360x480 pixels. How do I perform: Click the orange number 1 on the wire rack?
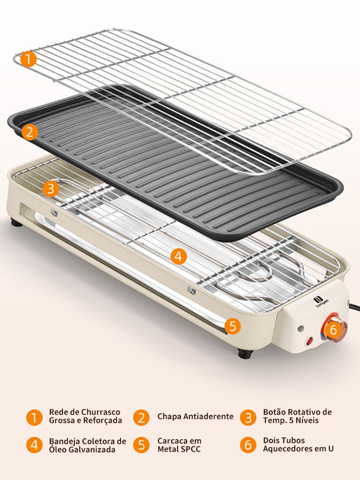click(x=29, y=59)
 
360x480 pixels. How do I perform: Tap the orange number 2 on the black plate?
click(x=30, y=132)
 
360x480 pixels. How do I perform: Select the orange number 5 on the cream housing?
click(x=233, y=326)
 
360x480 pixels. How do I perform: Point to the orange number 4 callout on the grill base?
click(x=179, y=256)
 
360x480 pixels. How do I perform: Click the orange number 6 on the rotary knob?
click(x=333, y=330)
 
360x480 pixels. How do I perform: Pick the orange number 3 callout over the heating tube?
click(x=51, y=189)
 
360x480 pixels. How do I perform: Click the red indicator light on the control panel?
click(x=310, y=341)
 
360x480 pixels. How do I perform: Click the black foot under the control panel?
click(x=245, y=354)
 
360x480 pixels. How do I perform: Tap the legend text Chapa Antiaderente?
click(x=195, y=416)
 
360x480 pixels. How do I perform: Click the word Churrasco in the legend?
click(x=101, y=412)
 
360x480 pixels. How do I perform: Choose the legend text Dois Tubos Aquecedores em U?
click(x=298, y=444)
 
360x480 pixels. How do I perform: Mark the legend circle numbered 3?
click(x=248, y=417)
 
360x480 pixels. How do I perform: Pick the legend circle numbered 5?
click(x=142, y=445)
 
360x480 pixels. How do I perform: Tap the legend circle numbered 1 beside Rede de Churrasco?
click(x=34, y=417)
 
